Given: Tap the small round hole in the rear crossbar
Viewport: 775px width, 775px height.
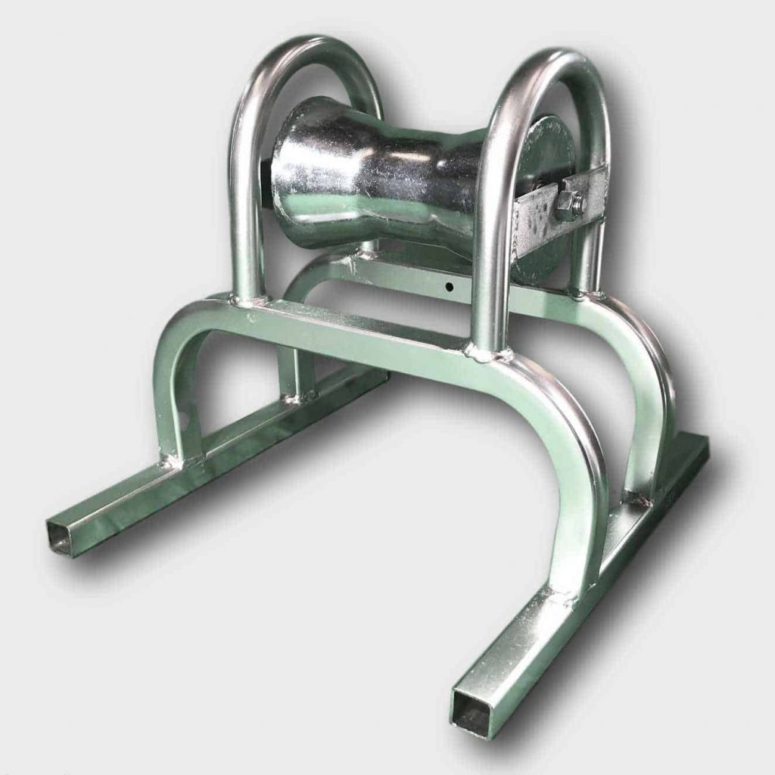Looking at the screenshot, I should (449, 287).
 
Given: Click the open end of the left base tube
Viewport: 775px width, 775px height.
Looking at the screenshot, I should (61, 537).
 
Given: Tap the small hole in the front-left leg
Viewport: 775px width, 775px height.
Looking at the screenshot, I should (181, 416).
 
